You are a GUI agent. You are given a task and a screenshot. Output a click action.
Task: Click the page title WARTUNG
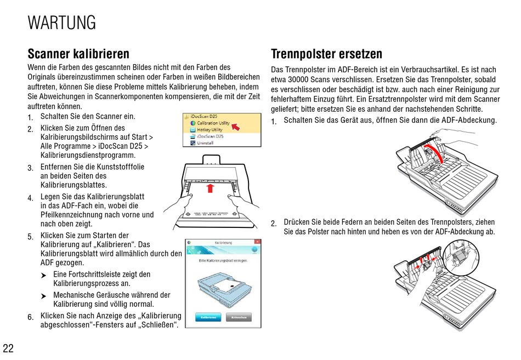[61, 23]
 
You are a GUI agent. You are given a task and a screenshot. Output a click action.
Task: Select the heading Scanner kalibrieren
[78, 54]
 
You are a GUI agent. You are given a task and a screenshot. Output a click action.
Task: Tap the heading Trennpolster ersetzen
[326, 54]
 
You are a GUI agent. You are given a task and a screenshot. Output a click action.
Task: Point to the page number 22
[8, 348]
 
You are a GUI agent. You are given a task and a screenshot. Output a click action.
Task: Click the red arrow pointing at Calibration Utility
[235, 127]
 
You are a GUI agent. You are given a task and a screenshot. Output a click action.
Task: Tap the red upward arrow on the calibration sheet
[209, 189]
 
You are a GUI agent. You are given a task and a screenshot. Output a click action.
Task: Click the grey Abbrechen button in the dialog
[239, 317]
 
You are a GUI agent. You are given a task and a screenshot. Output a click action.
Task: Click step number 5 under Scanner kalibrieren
[30, 237]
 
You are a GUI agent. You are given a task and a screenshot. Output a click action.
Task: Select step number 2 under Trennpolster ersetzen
[274, 224]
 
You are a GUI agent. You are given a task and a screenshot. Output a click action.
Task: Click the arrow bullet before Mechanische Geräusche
[43, 296]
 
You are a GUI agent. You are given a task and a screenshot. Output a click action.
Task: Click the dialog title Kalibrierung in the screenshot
[223, 242]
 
